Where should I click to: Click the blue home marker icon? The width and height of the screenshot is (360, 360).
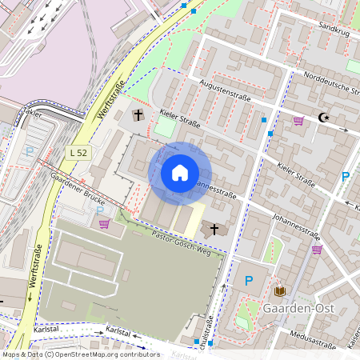[180, 173]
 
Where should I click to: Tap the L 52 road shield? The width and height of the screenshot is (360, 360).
[78, 152]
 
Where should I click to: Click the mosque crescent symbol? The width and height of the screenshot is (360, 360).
[323, 118]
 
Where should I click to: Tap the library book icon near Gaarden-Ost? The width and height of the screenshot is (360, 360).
[280, 291]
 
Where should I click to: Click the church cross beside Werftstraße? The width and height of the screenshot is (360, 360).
[138, 115]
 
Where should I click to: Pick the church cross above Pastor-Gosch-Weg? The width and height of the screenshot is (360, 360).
[214, 230]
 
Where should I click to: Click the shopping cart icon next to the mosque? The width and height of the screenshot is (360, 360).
[298, 122]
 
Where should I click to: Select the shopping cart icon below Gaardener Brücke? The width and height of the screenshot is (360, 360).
[104, 223]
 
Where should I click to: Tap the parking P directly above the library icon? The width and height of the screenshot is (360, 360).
[248, 280]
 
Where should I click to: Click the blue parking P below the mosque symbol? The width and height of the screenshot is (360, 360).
[346, 177]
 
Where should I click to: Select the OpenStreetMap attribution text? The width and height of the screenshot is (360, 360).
[80, 354]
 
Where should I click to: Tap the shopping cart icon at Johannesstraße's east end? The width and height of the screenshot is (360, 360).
[317, 249]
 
